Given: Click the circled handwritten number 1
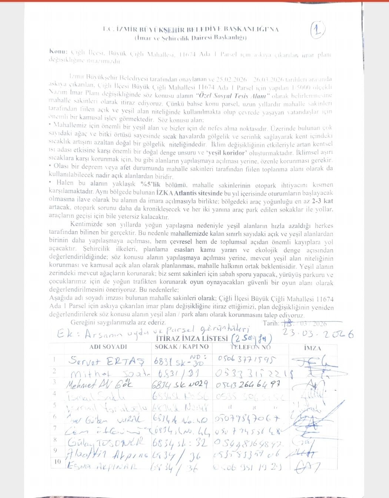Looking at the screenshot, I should [x=317, y=30].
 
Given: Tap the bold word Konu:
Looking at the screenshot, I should [x=58, y=52].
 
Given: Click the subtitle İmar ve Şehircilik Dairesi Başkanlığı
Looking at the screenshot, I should [x=190, y=37].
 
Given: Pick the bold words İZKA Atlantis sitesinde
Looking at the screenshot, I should [x=189, y=193].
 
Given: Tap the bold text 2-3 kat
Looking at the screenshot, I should [x=322, y=201].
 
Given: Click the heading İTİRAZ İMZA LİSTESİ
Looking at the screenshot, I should [x=192, y=338].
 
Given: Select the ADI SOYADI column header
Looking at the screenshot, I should [x=108, y=347].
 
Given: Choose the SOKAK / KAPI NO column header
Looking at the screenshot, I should [x=182, y=347].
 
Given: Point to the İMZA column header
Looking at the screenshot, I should [x=312, y=348].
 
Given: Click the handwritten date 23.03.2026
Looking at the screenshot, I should [x=318, y=334].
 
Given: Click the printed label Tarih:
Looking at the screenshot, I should [x=271, y=323].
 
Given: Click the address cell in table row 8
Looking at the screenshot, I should [x=180, y=442].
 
